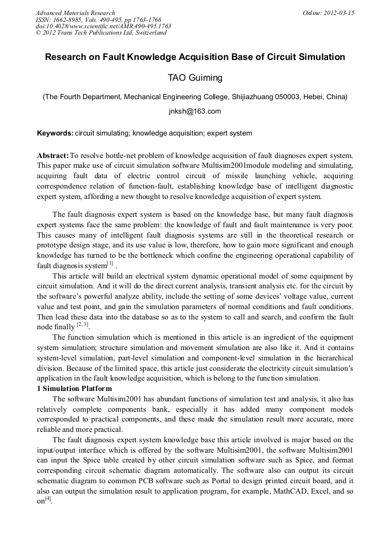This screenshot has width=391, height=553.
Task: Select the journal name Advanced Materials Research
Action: pyautogui.click(x=75, y=13)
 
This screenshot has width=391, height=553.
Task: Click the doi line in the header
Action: pyautogui.click(x=103, y=26)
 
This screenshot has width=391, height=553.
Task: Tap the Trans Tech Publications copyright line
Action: pyautogui.click(x=101, y=33)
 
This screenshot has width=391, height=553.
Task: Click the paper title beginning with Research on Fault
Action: pyautogui.click(x=195, y=57)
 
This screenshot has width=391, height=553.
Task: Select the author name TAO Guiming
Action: pyautogui.click(x=195, y=78)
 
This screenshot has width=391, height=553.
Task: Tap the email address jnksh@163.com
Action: pyautogui.click(x=195, y=111)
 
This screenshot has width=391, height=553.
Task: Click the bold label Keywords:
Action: pyautogui.click(x=55, y=133)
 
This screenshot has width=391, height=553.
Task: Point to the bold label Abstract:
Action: pyautogui.click(x=52, y=156)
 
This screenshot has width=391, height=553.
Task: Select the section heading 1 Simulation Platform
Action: pyautogui.click(x=74, y=389)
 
